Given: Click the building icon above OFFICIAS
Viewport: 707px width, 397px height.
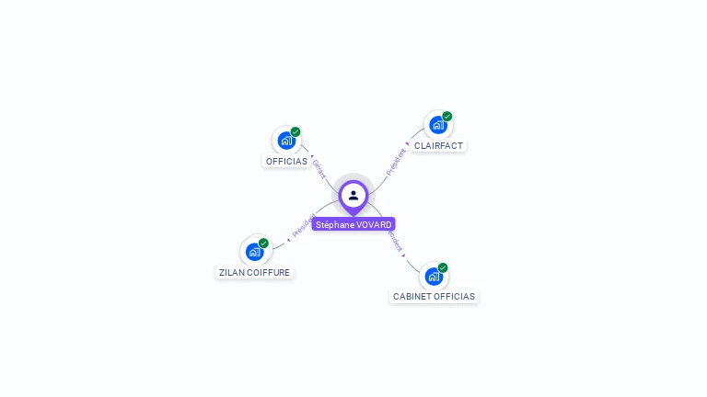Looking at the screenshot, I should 286,141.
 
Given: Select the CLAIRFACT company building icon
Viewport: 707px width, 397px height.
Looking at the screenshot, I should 437,125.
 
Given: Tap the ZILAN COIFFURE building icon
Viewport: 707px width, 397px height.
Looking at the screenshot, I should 254,252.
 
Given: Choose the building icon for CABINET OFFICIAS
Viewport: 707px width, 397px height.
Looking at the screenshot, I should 434,276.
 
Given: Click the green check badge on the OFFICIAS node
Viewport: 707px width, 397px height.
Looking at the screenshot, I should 296,131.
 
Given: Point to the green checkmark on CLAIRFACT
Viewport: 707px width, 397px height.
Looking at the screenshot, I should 447,116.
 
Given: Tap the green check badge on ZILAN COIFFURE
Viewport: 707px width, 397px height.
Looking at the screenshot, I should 264,243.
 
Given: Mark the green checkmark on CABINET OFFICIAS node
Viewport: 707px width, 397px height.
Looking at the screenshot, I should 443,267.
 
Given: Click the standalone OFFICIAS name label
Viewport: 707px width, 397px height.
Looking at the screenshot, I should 286,162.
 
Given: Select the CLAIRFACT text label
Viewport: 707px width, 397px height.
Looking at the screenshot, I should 438,146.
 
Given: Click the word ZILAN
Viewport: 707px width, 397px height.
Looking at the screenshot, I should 231,273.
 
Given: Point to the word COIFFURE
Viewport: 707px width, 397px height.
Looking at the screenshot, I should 269,273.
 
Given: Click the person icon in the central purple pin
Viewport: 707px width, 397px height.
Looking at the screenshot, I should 353,195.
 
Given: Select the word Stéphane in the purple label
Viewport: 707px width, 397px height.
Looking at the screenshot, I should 334,225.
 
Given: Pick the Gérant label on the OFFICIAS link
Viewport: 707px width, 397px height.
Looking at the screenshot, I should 319,169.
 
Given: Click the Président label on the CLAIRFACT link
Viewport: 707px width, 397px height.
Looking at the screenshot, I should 396,161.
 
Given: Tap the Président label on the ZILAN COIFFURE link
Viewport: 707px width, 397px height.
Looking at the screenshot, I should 302,226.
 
